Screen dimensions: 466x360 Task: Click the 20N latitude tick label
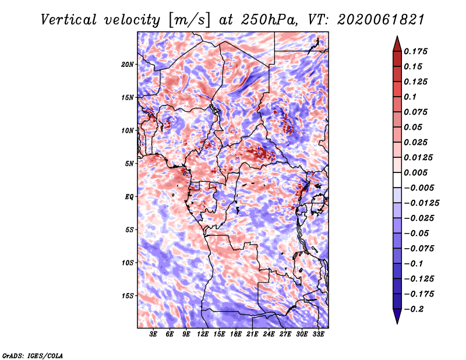point(128,65)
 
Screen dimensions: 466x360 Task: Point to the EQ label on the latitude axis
point(129,197)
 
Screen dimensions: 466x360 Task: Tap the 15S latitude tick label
point(128,296)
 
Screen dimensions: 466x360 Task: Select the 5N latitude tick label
point(129,164)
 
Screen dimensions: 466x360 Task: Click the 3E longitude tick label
point(153,334)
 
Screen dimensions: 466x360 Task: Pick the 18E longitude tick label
point(235,334)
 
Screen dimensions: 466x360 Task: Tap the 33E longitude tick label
point(318,334)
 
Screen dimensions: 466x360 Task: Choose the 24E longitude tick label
point(269,334)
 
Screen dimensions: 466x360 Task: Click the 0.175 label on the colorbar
point(415,51)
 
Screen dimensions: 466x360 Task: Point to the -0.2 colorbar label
point(414,309)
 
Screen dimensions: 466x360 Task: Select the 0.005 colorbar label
point(415,172)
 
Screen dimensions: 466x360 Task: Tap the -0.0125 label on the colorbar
point(421,203)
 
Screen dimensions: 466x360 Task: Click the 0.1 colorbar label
point(410,97)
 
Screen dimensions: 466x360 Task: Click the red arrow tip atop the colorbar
point(397,37)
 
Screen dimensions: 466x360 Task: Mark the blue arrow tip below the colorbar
point(397,323)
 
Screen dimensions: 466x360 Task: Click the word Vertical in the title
point(69,20)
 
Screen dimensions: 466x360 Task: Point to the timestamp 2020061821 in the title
point(381,20)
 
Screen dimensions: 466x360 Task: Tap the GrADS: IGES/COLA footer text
point(33,356)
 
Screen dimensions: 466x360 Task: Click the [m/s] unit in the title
point(189,20)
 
